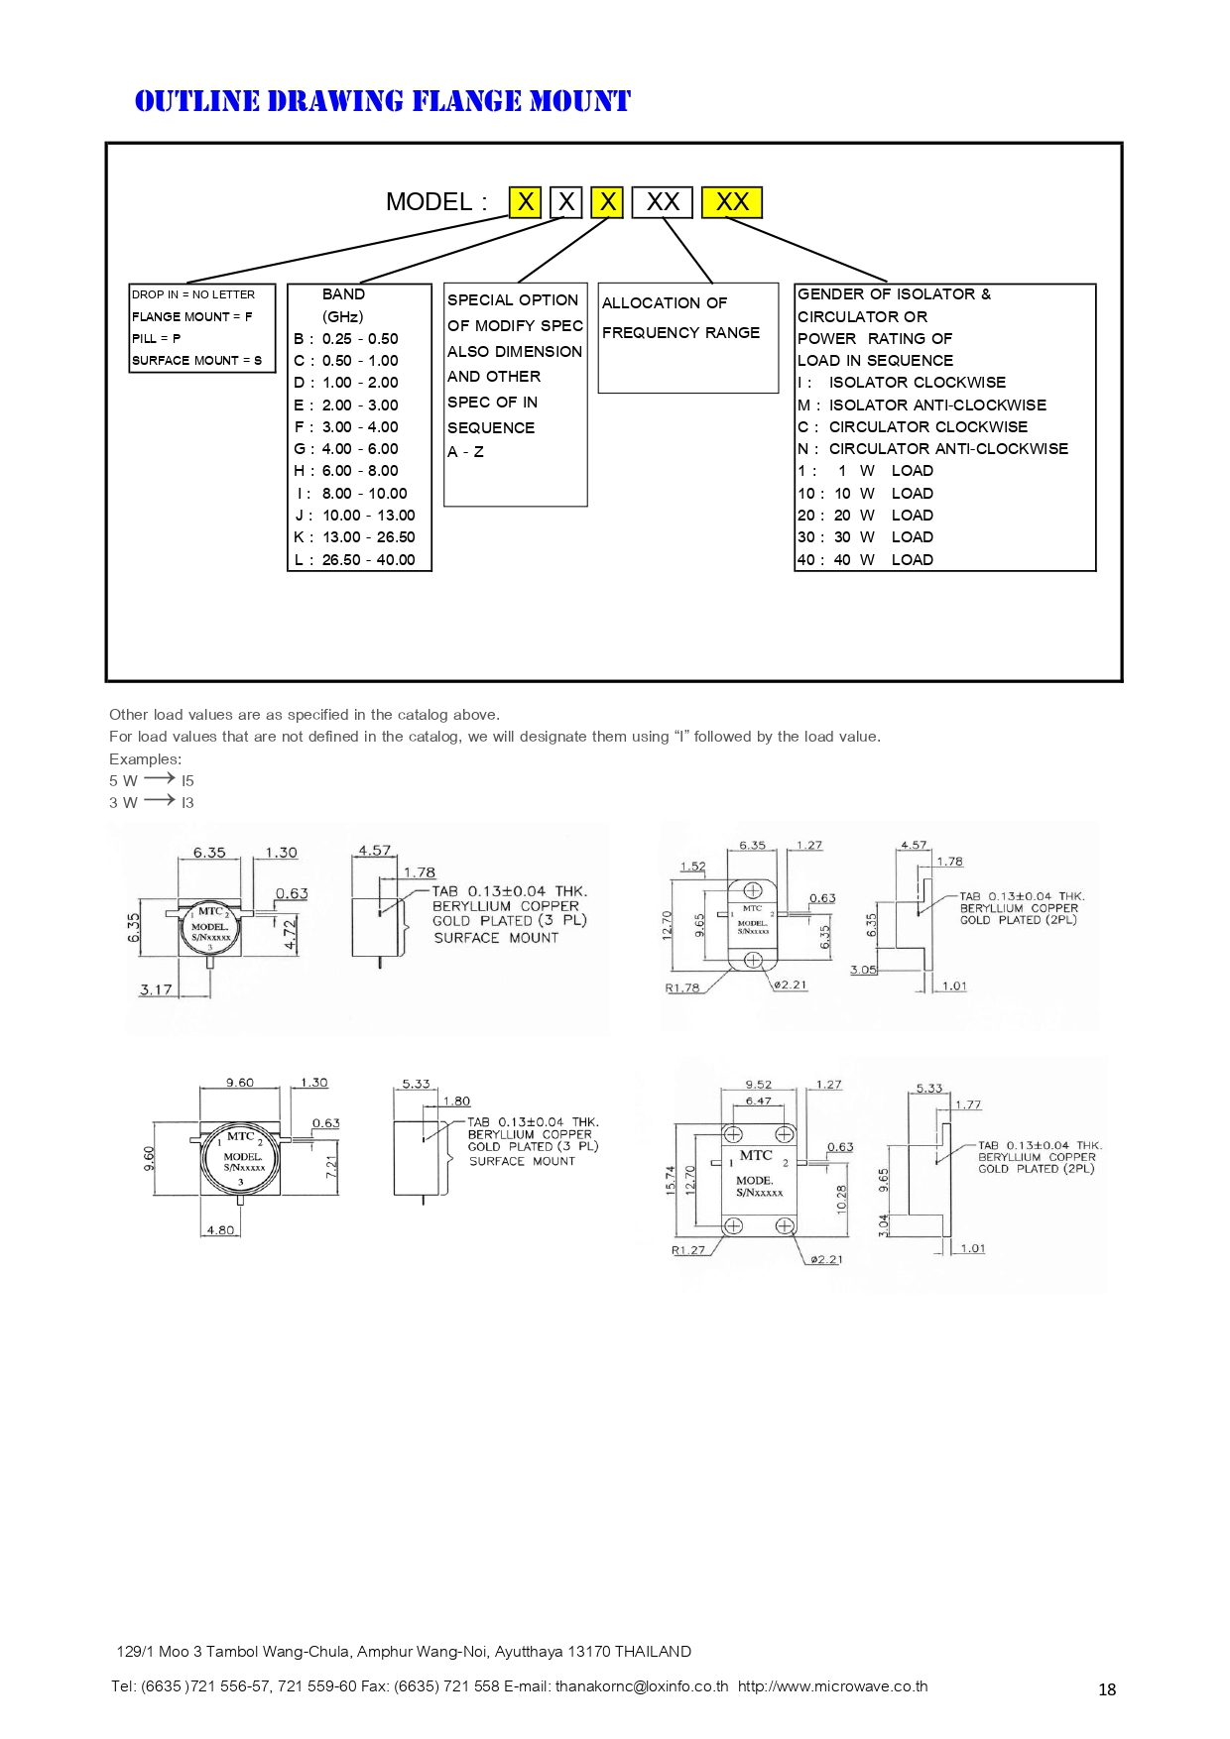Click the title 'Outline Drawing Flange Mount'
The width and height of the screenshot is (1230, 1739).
click(x=382, y=101)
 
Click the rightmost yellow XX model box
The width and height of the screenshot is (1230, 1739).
click(x=732, y=202)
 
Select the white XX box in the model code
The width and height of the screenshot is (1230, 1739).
click(x=663, y=202)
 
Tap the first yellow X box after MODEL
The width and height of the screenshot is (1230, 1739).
click(x=525, y=202)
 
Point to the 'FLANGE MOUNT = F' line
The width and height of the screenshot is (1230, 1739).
click(x=192, y=316)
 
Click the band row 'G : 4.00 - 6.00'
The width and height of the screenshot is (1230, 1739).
click(x=346, y=449)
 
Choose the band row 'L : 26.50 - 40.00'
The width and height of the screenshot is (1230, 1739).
click(x=355, y=560)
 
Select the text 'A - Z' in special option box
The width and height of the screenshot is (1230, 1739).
click(x=465, y=452)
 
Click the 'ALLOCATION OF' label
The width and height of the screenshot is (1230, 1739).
click(x=665, y=302)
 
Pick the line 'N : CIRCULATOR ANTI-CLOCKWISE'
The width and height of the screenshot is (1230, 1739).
click(x=932, y=449)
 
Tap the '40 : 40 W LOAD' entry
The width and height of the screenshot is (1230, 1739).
click(x=865, y=560)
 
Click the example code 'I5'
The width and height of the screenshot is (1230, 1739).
click(x=187, y=781)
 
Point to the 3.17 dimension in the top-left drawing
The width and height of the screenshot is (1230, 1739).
click(x=156, y=989)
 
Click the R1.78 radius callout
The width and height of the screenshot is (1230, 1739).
click(x=682, y=987)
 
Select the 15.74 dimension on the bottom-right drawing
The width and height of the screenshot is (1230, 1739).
click(x=672, y=1179)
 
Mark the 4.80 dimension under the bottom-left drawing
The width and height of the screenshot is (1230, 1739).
click(x=220, y=1230)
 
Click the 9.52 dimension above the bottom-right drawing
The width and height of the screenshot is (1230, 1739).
click(x=759, y=1085)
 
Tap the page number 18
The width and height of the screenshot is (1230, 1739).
click(x=1107, y=1689)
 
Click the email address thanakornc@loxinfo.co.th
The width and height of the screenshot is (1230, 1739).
click(x=642, y=1686)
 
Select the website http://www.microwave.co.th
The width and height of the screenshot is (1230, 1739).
click(x=832, y=1686)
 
